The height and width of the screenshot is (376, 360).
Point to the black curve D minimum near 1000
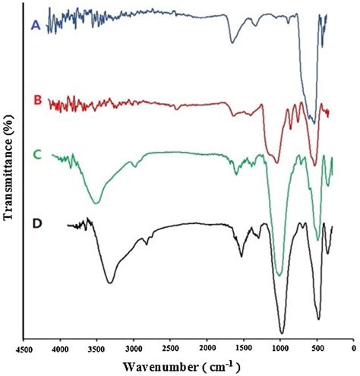[x=282, y=332]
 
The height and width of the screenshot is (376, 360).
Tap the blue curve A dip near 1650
[x=233, y=43]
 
